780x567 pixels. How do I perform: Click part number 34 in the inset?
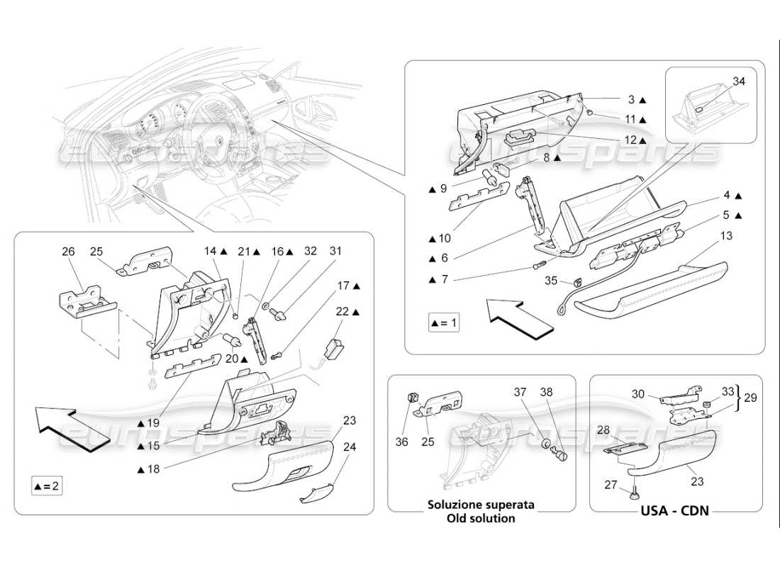(x=739, y=82)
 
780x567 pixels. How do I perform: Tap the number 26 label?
(x=68, y=251)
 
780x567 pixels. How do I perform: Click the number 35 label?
(x=552, y=280)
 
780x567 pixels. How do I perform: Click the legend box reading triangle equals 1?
(x=444, y=323)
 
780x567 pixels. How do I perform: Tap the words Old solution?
(x=481, y=518)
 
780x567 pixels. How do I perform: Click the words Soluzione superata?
(x=481, y=505)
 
